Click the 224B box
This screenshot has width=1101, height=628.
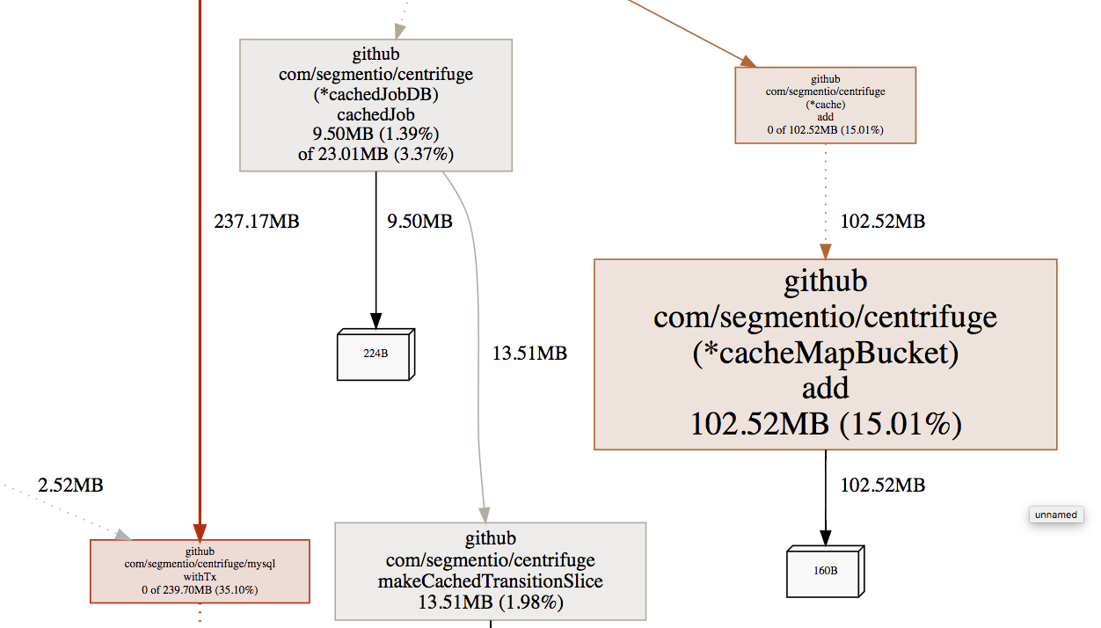pyautogui.click(x=375, y=354)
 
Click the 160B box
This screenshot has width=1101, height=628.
pyautogui.click(x=825, y=571)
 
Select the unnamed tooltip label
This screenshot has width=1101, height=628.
pyautogui.click(x=1056, y=515)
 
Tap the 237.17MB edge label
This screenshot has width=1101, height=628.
pyautogui.click(x=257, y=222)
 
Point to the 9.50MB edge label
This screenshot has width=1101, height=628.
pyautogui.click(x=419, y=222)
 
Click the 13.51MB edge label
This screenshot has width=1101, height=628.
pyautogui.click(x=529, y=354)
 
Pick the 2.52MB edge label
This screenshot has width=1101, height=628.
pyautogui.click(x=71, y=486)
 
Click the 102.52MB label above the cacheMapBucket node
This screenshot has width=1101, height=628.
pyautogui.click(x=883, y=222)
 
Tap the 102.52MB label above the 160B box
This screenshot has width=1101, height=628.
pyautogui.click(x=883, y=485)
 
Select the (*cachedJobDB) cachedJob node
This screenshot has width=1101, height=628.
pyautogui.click(x=376, y=105)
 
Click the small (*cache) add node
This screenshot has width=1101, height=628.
pyautogui.click(x=825, y=105)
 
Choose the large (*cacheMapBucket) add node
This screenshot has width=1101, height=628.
pyautogui.click(x=825, y=354)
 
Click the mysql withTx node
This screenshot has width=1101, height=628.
pyautogui.click(x=200, y=571)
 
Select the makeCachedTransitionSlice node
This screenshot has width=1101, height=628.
pyautogui.click(x=490, y=571)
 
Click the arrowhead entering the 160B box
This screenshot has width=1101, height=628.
pyautogui.click(x=825, y=537)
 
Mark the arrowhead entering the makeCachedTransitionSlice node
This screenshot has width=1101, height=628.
pyautogui.click(x=484, y=515)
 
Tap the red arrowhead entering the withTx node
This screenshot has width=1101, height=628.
pyautogui.click(x=200, y=531)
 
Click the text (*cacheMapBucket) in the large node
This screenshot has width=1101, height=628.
pyautogui.click(x=825, y=353)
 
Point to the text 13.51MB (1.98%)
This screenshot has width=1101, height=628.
pyautogui.click(x=490, y=602)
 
